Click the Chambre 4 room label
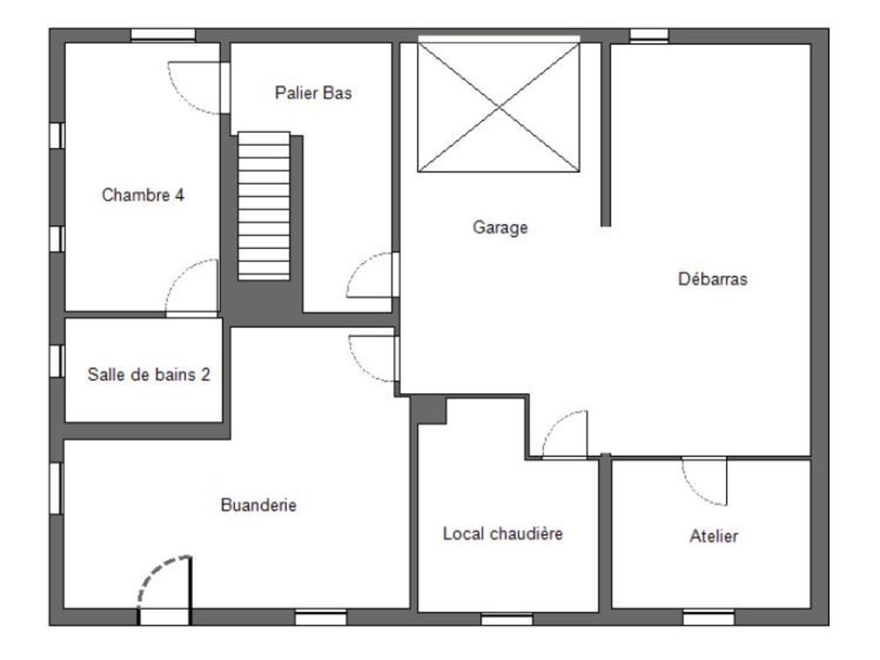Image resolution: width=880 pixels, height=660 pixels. [x=143, y=195]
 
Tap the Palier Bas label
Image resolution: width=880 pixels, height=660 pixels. [x=313, y=92]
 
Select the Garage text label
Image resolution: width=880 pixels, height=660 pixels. [x=499, y=228]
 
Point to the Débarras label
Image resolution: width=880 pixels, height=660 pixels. [x=712, y=280]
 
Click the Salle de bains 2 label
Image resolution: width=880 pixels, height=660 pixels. [x=149, y=374]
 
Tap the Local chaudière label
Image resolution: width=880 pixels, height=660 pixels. [x=502, y=533]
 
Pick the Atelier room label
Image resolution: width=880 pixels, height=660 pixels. [x=714, y=536]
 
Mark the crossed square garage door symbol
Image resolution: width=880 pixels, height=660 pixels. [x=499, y=106]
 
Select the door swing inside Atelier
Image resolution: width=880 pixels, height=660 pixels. [x=707, y=481]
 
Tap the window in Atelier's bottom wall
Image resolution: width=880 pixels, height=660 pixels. [x=708, y=618]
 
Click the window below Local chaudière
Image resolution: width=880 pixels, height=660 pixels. [x=506, y=619]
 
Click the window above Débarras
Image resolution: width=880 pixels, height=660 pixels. [x=649, y=35]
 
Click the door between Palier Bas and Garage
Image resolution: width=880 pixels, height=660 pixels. [x=375, y=276]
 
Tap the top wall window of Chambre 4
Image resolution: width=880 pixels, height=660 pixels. [x=163, y=35]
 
